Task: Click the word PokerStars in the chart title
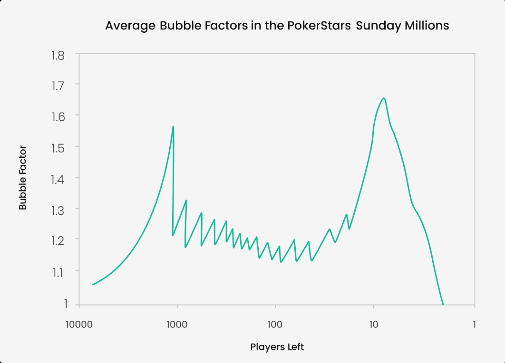[x=319, y=26]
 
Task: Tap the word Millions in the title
[x=427, y=26]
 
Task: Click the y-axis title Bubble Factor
[x=22, y=178]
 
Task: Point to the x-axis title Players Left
[x=277, y=347]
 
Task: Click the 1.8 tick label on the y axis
[x=58, y=56]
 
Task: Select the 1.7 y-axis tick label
[x=58, y=86]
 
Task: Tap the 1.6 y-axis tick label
[x=58, y=117]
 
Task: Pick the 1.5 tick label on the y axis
[x=58, y=148]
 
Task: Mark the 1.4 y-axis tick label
[x=58, y=179]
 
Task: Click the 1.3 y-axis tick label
[x=58, y=210]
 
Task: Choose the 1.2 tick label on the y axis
[x=58, y=240]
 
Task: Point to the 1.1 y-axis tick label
[x=58, y=273]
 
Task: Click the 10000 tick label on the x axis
[x=79, y=325]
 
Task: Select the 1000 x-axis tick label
[x=177, y=325]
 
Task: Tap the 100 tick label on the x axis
[x=275, y=325]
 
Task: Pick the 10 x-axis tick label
[x=374, y=325]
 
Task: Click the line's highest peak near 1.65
[x=384, y=98]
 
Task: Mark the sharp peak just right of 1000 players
[x=173, y=126]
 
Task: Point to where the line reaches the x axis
[x=443, y=305]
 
